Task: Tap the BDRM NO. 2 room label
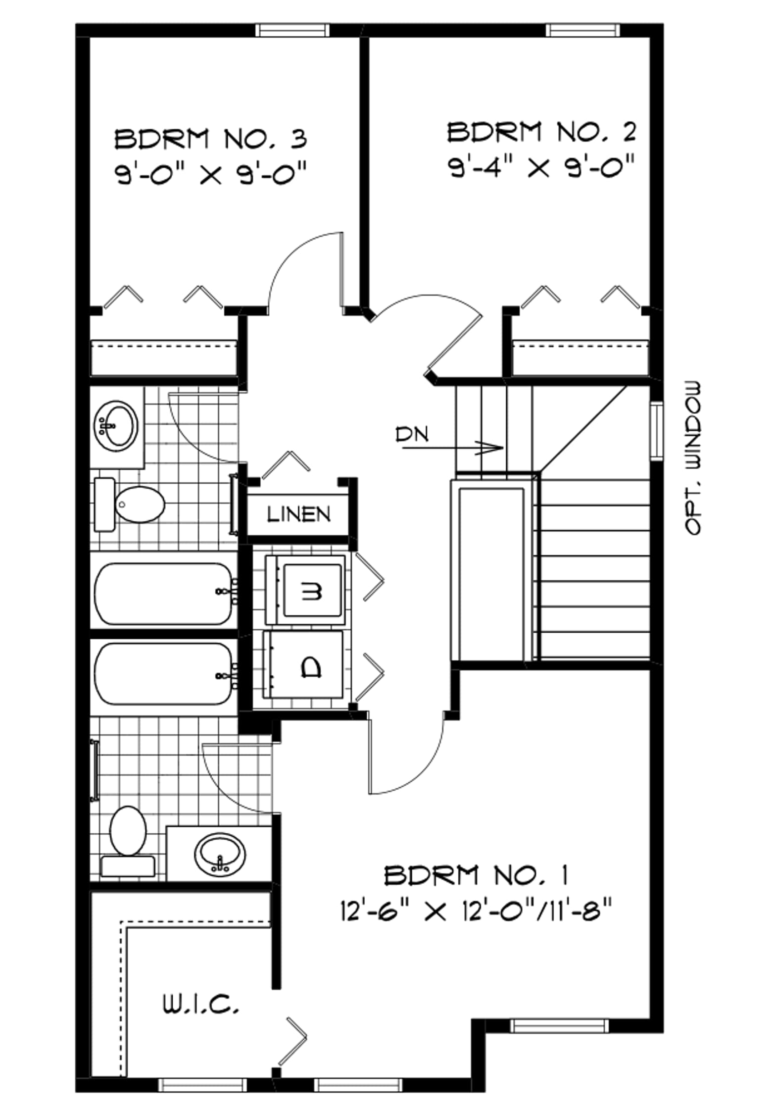click(541, 132)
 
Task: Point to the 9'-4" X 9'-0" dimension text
click(541, 167)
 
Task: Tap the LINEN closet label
click(299, 514)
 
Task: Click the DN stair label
click(412, 434)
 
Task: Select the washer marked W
click(305, 590)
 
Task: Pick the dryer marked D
click(304, 664)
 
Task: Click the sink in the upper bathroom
click(116, 426)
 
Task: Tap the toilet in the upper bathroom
click(129, 505)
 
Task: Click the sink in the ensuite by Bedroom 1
click(220, 854)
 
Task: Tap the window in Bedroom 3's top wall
click(292, 30)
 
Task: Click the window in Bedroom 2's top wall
click(582, 30)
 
